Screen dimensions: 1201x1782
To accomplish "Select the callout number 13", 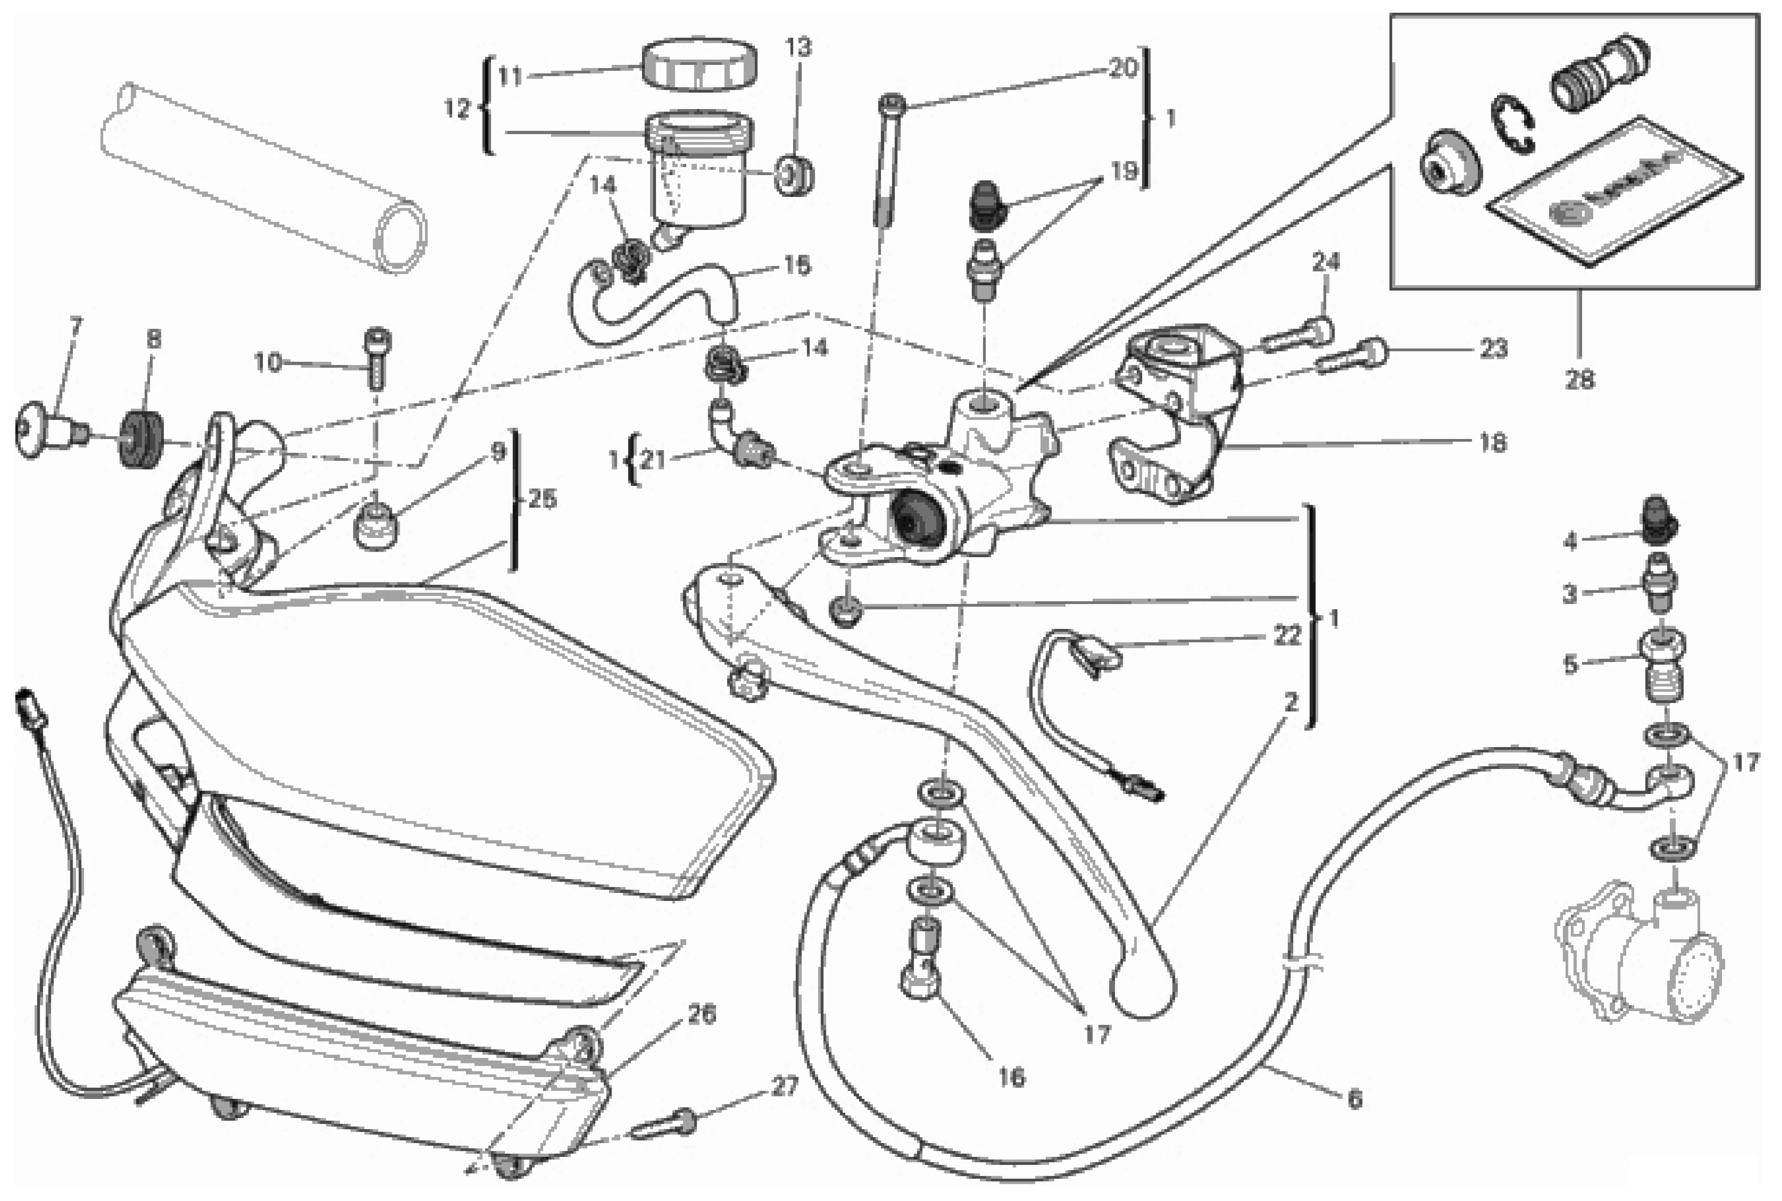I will point(798,47).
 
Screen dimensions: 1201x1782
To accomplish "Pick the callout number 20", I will point(1123,68).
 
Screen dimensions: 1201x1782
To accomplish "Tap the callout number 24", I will point(1326,262).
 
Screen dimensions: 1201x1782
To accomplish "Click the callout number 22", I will point(1287,635).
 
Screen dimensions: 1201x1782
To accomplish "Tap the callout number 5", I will point(1570,664).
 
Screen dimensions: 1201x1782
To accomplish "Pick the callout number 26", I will point(701,1014).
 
